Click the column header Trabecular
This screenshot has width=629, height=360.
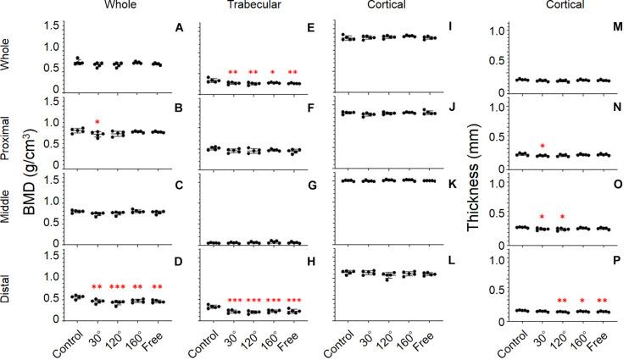[x=252, y=7]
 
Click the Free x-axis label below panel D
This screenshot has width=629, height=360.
[x=156, y=340]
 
